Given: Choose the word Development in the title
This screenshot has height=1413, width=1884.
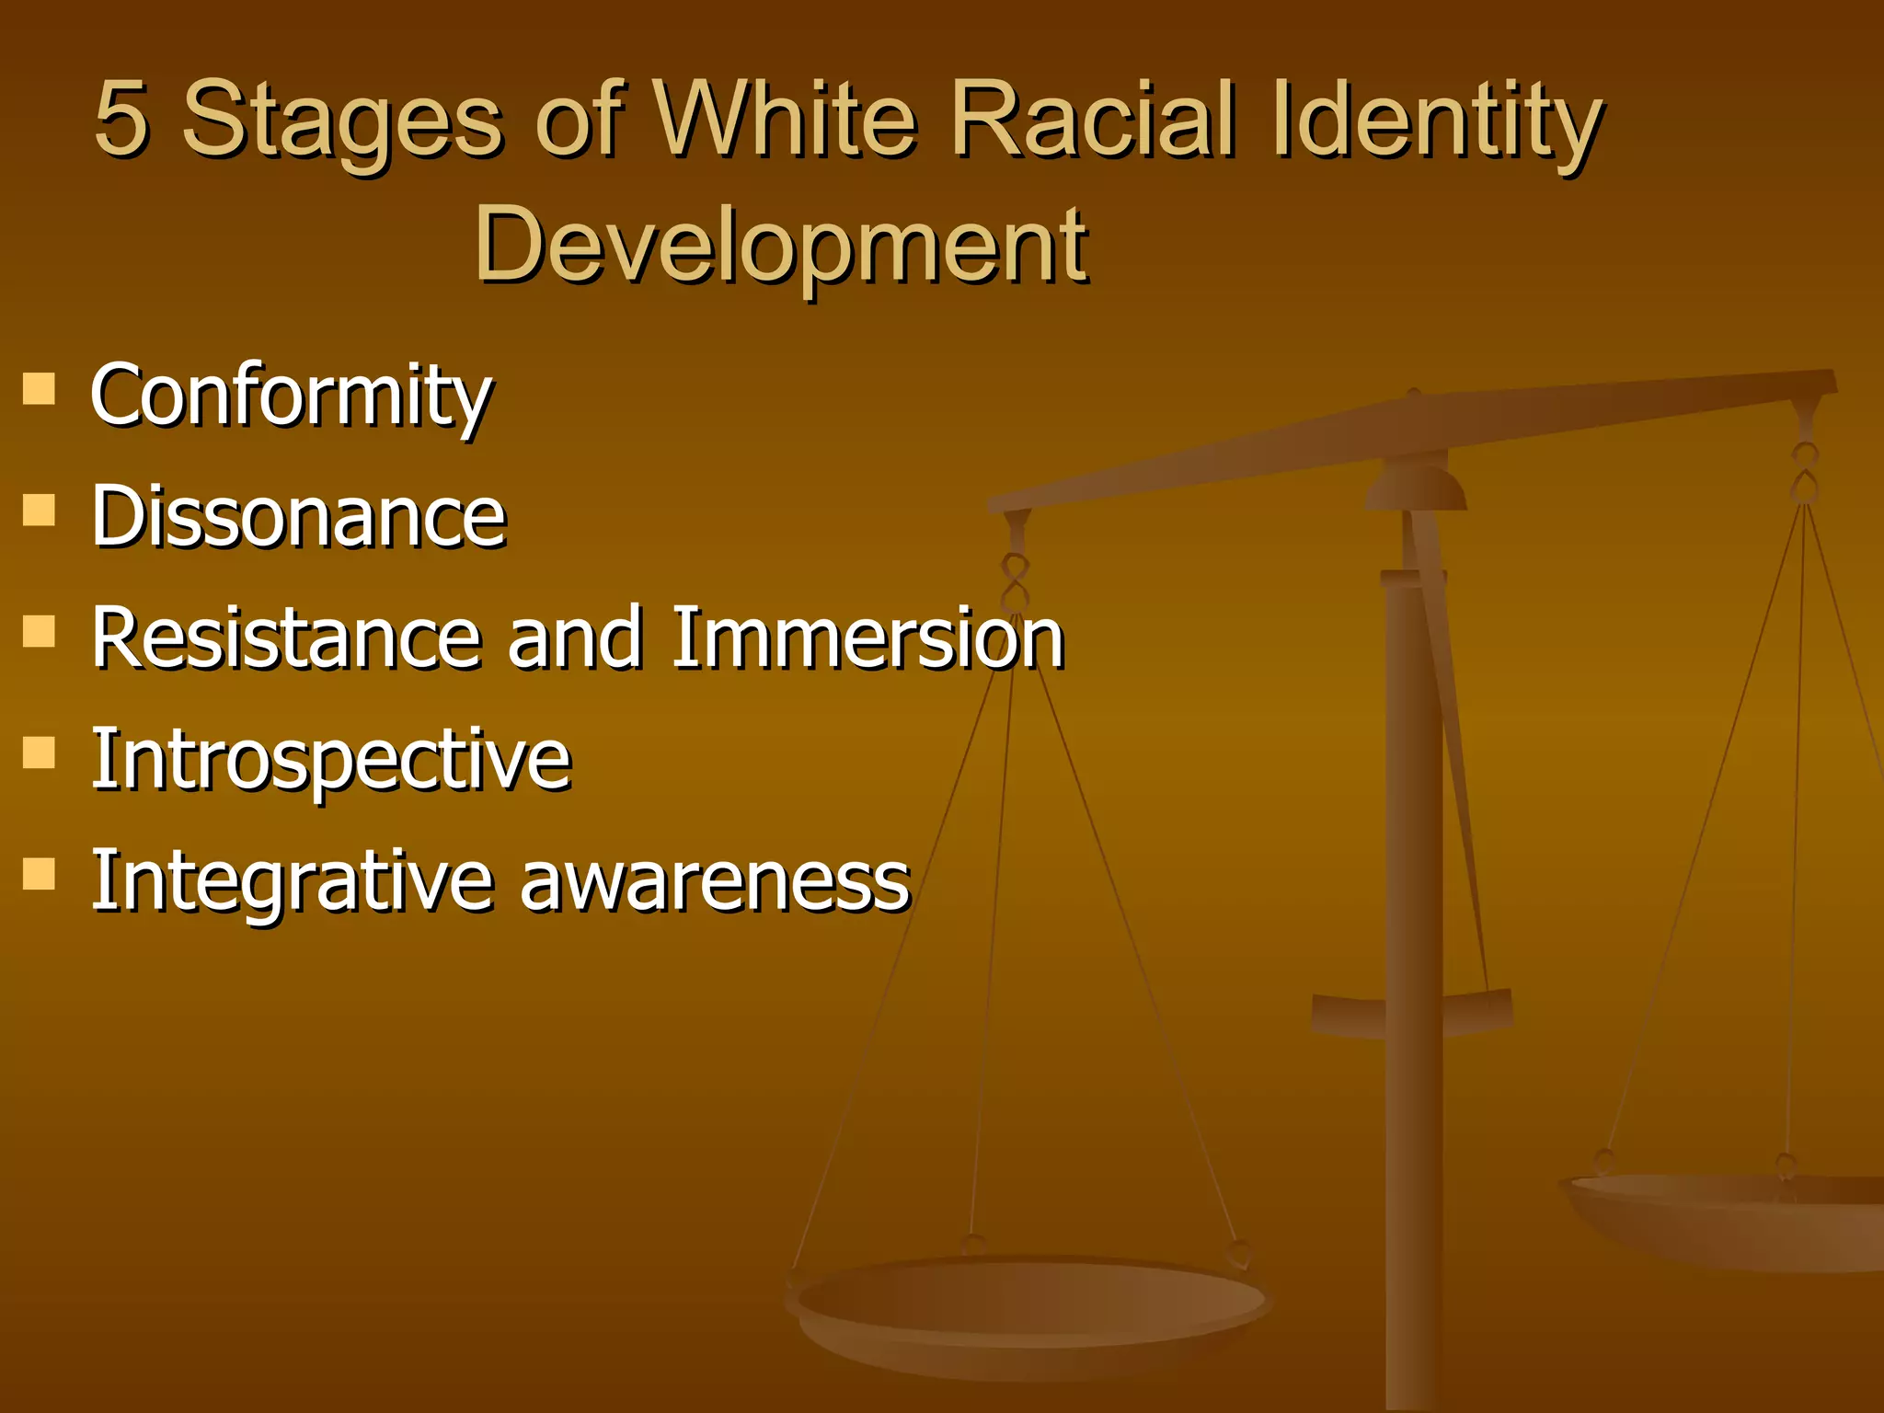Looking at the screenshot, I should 781,245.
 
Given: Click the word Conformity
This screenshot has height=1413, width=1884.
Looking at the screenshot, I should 291,396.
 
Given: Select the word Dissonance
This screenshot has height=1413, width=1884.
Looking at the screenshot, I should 298,516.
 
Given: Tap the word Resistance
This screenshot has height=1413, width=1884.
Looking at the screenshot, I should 286,638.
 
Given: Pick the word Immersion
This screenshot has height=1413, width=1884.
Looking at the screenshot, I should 867,638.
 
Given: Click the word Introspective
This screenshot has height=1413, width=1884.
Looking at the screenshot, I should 331,760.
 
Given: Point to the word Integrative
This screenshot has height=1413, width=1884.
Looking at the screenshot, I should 292,881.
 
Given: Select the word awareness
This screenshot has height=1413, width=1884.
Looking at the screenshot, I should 715,881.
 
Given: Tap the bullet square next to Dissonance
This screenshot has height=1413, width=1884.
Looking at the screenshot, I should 39,509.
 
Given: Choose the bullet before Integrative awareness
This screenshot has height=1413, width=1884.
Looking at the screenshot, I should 39,873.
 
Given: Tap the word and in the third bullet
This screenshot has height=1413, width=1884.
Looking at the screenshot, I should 575,638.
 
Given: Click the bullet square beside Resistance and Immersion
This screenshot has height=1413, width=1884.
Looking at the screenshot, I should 39,631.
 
